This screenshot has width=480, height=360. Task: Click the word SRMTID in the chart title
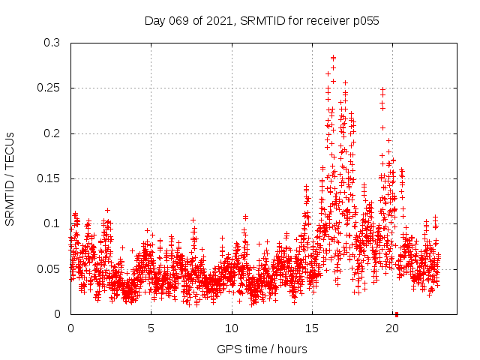pyautogui.click(x=261, y=21)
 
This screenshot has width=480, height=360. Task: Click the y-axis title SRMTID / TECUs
pyautogui.click(x=10, y=179)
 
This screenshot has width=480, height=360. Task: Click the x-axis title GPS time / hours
pyautogui.click(x=262, y=349)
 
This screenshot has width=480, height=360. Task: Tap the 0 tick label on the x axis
pyautogui.click(x=70, y=328)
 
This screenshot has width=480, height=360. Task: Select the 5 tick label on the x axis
pyautogui.click(x=151, y=328)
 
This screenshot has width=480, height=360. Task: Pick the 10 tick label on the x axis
pyautogui.click(x=232, y=328)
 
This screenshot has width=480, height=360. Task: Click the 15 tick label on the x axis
pyautogui.click(x=312, y=328)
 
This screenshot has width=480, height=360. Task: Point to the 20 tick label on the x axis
pyautogui.click(x=392, y=328)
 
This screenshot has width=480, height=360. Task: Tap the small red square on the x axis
pyautogui.click(x=397, y=313)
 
